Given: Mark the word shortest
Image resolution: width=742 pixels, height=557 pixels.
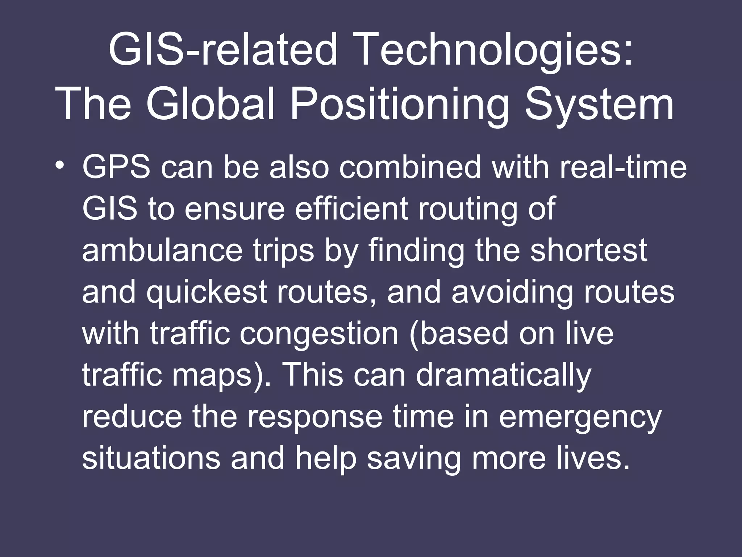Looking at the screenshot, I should [589, 251].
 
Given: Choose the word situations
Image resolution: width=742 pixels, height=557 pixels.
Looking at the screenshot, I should [151, 459].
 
